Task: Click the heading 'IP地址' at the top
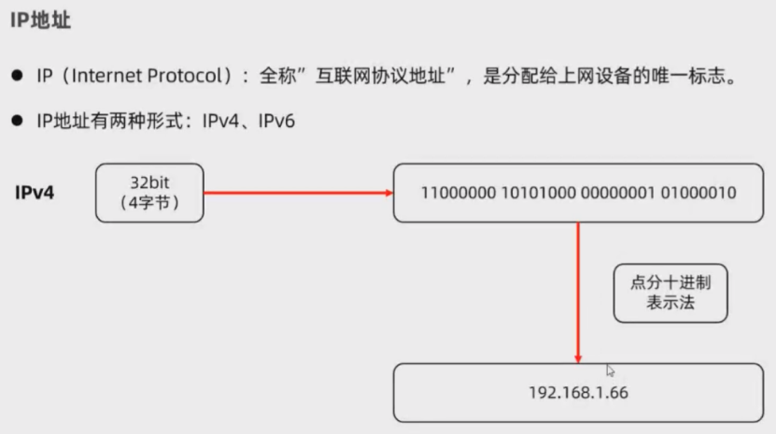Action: coord(44,22)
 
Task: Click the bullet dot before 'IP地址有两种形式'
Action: coord(18,122)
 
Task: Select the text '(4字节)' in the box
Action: coord(148,202)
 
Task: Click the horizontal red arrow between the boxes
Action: coord(297,194)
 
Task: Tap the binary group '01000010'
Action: coord(696,194)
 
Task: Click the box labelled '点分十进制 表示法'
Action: coord(670,293)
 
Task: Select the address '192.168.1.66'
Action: coord(579,393)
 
